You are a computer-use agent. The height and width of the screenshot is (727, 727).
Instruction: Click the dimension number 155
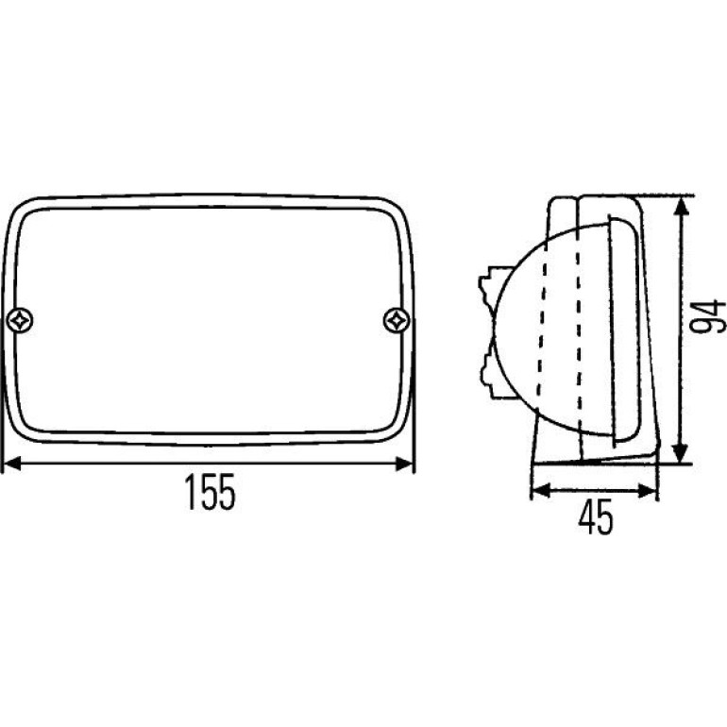click(x=210, y=492)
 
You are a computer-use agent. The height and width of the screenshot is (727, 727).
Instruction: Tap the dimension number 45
click(x=596, y=516)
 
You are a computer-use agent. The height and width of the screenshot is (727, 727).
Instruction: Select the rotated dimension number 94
click(x=707, y=316)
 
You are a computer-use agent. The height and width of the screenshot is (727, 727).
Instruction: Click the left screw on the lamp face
click(x=21, y=320)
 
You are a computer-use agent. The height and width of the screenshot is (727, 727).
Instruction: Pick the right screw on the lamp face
click(x=397, y=320)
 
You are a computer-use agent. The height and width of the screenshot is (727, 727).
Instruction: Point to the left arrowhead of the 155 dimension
click(x=12, y=464)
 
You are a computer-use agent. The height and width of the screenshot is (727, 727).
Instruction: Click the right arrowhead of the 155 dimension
click(x=404, y=464)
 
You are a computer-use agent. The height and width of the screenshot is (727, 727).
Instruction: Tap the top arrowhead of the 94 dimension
click(x=680, y=207)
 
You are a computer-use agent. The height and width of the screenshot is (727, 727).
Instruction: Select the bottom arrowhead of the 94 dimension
click(x=680, y=452)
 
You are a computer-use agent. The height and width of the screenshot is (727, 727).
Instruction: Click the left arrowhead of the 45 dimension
click(x=541, y=490)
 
